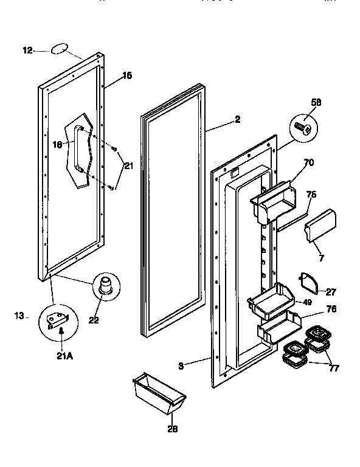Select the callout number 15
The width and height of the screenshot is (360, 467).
click(x=126, y=76)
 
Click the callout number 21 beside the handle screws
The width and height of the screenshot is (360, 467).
click(x=128, y=165)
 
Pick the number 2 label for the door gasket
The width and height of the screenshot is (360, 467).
click(x=237, y=120)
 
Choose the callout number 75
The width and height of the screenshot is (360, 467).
click(x=311, y=195)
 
